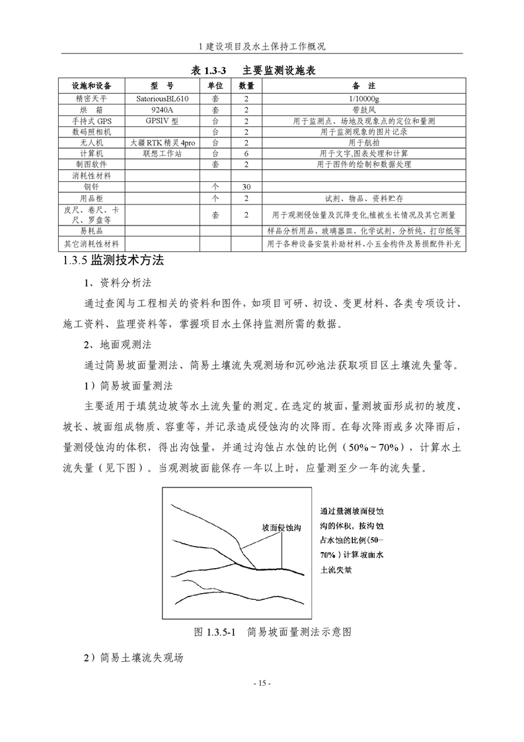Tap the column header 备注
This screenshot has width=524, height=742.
[363, 86]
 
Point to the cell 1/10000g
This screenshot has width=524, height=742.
[363, 98]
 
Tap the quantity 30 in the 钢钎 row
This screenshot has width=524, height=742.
[246, 187]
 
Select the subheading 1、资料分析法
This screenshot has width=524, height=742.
[118, 283]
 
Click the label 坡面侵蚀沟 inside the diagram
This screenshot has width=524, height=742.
[281, 528]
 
